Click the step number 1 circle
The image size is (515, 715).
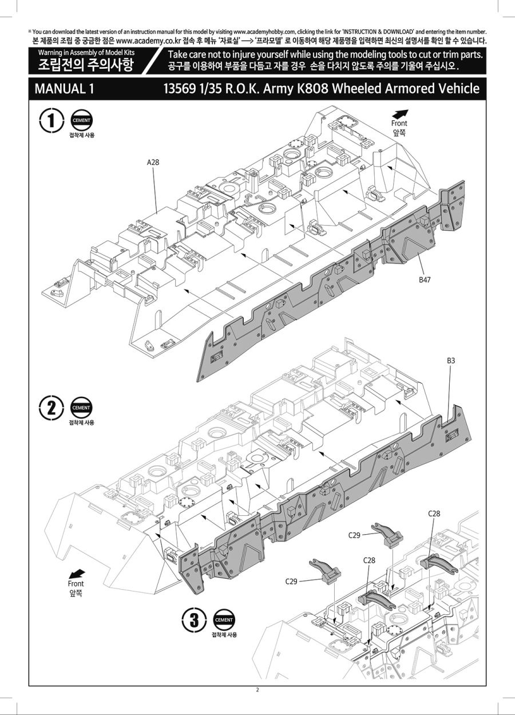(51, 121)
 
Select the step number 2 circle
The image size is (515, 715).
(51, 408)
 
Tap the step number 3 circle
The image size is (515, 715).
(195, 620)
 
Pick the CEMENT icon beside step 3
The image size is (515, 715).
(224, 620)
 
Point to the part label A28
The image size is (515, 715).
(153, 162)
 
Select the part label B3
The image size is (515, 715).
(451, 361)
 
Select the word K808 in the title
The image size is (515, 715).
(312, 89)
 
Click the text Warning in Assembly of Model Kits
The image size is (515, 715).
(86, 53)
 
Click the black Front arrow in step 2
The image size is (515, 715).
(76, 574)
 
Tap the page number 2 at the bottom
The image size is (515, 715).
(257, 689)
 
